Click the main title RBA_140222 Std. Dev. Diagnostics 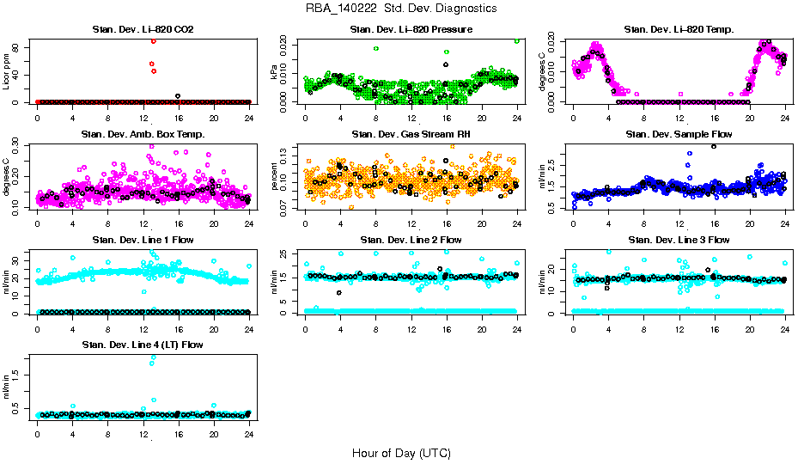click(x=401, y=9)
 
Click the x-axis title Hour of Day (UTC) click(x=401, y=453)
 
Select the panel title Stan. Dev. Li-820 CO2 click(x=143, y=30)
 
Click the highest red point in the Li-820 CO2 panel click(x=153, y=40)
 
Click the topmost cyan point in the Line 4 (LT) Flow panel click(x=153, y=357)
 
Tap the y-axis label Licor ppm click(x=7, y=70)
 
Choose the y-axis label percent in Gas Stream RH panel click(x=275, y=175)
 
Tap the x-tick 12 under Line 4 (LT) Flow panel click(x=143, y=435)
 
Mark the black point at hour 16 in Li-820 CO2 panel click(x=178, y=96)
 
